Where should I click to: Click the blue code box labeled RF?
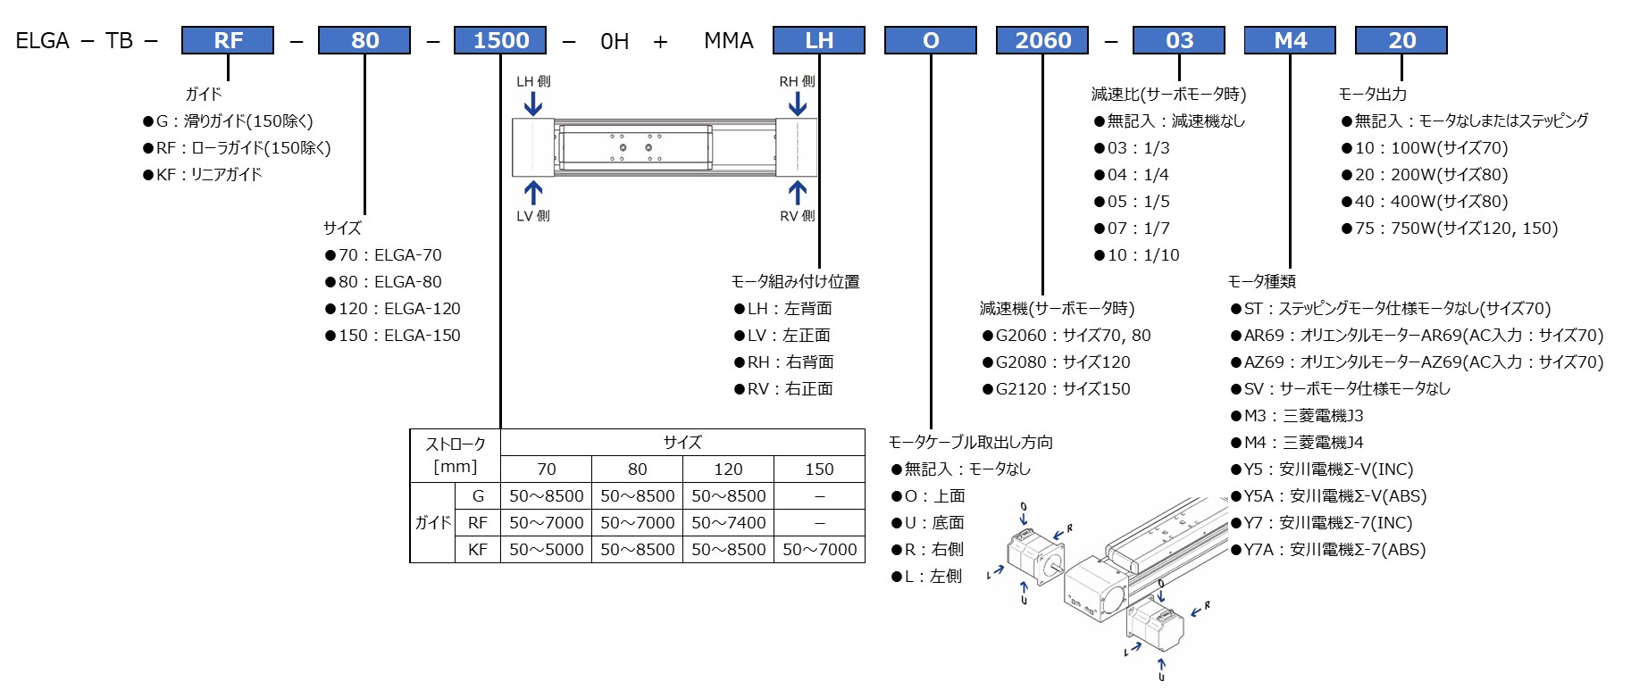pos(228,40)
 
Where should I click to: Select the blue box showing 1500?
pos(500,40)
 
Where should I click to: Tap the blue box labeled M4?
pos(1290,40)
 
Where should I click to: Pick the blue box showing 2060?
pos(1042,40)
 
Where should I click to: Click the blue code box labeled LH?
pos(818,40)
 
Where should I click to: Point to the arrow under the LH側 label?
pos(533,104)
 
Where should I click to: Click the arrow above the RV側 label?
pos(798,193)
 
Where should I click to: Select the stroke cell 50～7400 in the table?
pos(728,523)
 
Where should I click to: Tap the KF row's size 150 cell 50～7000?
pos(819,550)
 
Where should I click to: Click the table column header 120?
pos(728,469)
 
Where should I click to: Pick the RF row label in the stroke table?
pos(478,523)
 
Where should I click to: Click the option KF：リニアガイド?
pos(203,175)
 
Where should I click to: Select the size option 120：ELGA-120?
pos(393,309)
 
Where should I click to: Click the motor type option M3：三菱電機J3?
pos(1297,416)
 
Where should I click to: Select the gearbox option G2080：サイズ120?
pos(1057,362)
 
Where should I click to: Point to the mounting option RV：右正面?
pos(783,389)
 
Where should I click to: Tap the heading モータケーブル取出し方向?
pos(970,443)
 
